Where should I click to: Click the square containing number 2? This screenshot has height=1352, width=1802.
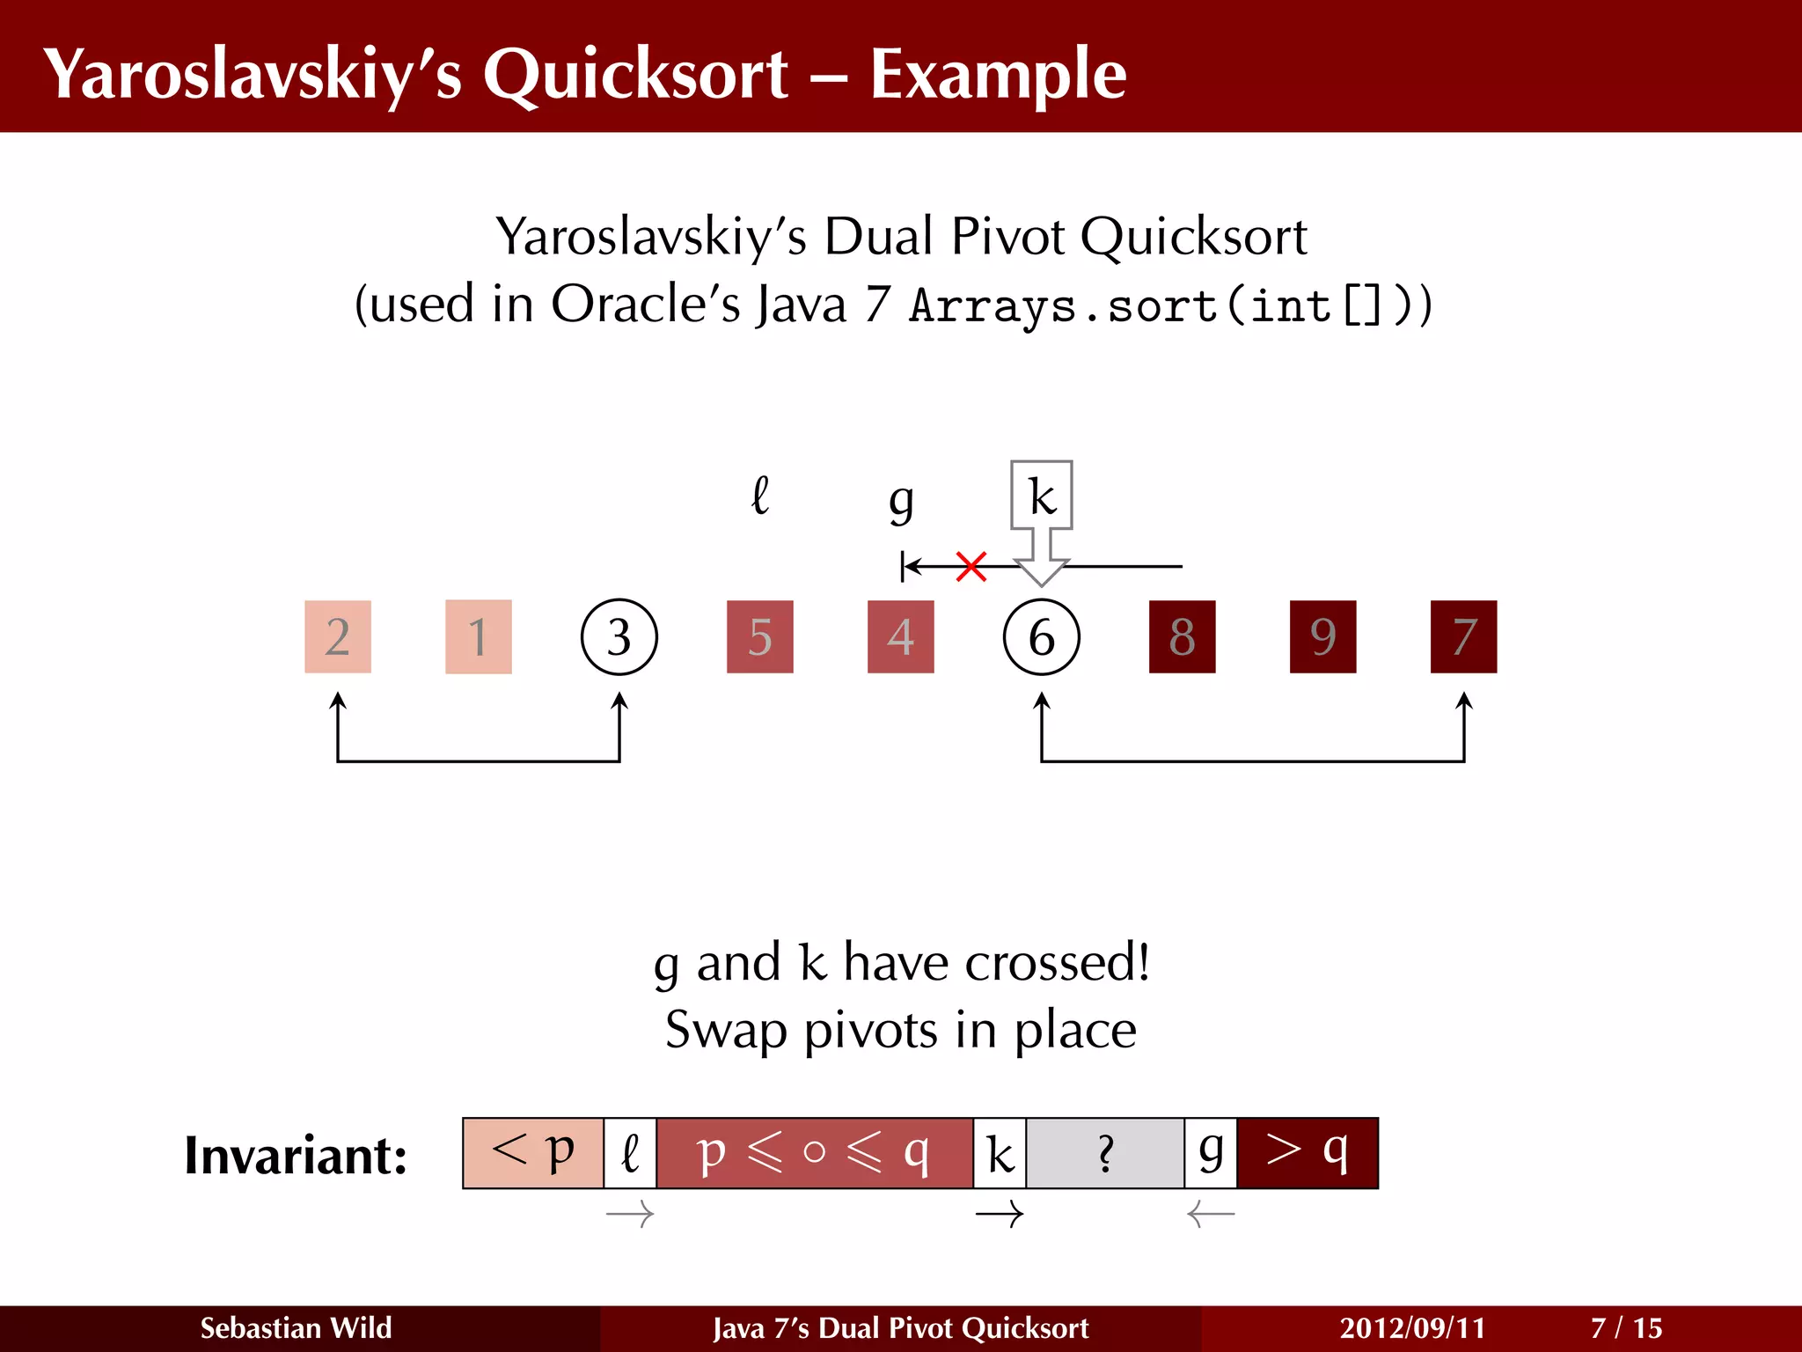pyautogui.click(x=337, y=636)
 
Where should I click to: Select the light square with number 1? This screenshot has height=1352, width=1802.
pyautogui.click(x=478, y=636)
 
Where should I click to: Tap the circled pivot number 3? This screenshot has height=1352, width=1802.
pyautogui.click(x=619, y=636)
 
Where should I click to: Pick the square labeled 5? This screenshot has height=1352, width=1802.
pyautogui.click(x=759, y=636)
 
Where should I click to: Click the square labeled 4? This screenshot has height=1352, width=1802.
pyautogui.click(x=900, y=636)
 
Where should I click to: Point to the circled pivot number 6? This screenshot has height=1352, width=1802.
pyautogui.click(x=1041, y=636)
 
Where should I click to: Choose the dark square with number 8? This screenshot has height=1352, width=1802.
pyautogui.click(x=1182, y=636)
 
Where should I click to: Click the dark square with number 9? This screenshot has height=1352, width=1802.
pyautogui.click(x=1322, y=636)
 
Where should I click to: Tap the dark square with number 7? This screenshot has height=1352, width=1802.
pyautogui.click(x=1463, y=636)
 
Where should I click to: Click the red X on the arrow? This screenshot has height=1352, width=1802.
pyautogui.click(x=971, y=567)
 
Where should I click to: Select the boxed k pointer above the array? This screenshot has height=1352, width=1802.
pyautogui.click(x=1041, y=496)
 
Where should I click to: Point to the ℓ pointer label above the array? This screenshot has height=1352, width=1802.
pyautogui.click(x=760, y=496)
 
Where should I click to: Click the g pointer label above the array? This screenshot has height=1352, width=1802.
pyautogui.click(x=901, y=502)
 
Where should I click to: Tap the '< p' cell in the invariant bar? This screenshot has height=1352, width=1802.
pyautogui.click(x=533, y=1153)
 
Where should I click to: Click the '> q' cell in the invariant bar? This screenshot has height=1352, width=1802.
pyautogui.click(x=1307, y=1153)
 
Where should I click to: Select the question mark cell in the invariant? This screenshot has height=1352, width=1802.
pyautogui.click(x=1105, y=1153)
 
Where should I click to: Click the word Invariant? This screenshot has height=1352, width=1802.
pyautogui.click(x=296, y=1155)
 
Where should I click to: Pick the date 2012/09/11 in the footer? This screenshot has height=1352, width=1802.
pyautogui.click(x=1412, y=1327)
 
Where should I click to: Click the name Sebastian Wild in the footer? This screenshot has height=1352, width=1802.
pyautogui.click(x=296, y=1327)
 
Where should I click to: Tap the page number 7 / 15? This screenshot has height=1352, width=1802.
pyautogui.click(x=1626, y=1327)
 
